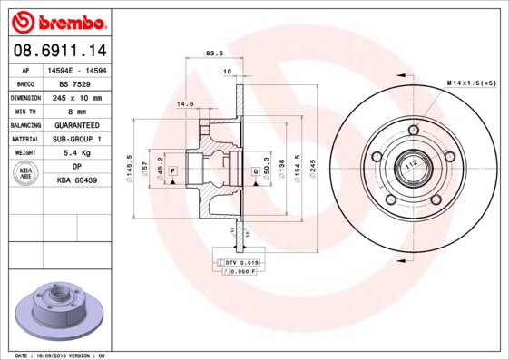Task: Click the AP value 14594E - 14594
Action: [x=78, y=69]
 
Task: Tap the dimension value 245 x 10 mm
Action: [x=78, y=97]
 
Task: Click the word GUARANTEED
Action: [x=78, y=125]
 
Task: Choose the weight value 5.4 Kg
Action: [x=78, y=153]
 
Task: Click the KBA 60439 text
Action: [x=78, y=181]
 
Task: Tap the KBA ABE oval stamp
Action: [x=26, y=174]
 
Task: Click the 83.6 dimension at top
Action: [x=215, y=54]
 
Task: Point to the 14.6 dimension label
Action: [x=185, y=104]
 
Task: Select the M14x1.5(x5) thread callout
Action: [x=471, y=83]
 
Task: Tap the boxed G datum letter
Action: [x=255, y=170]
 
